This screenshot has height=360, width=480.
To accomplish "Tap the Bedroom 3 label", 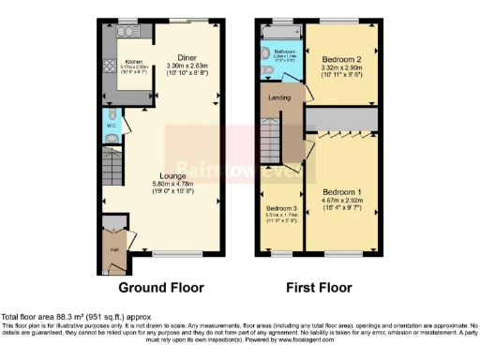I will pyautogui.click(x=280, y=208).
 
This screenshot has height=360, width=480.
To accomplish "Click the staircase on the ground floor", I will pyautogui.click(x=112, y=172).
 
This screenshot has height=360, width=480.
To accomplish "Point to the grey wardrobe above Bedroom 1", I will pyautogui.click(x=342, y=119).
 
